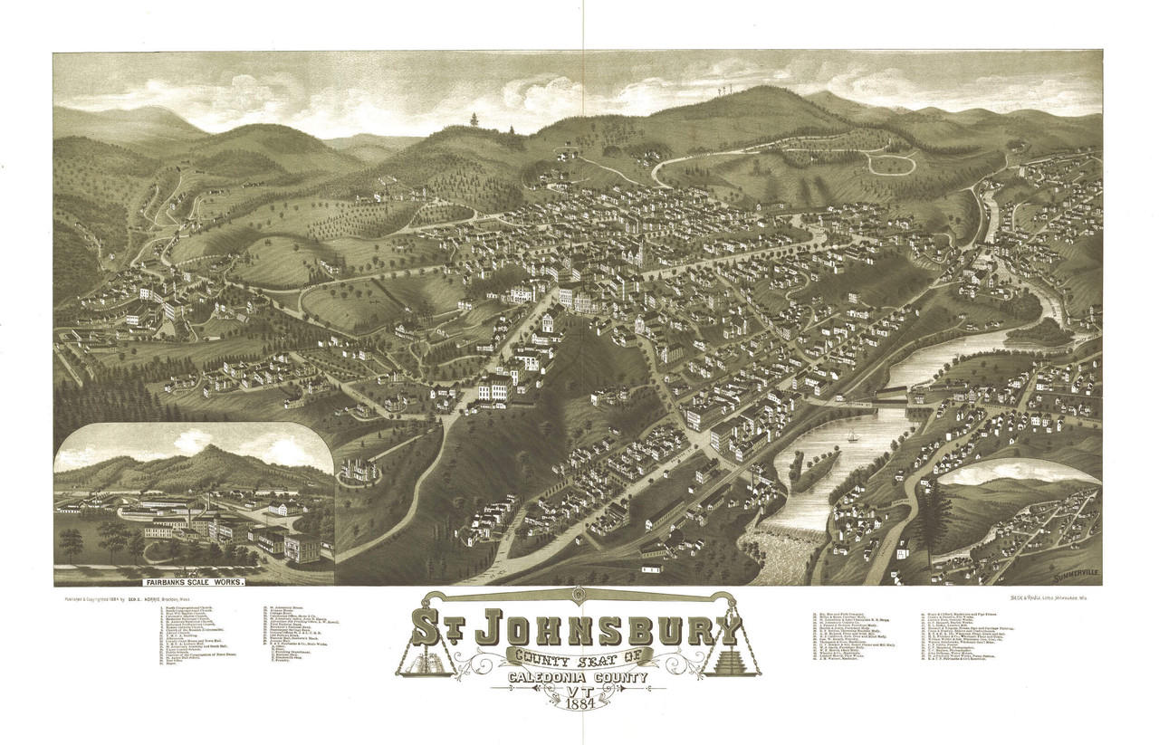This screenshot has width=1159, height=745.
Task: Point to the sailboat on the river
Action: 852,435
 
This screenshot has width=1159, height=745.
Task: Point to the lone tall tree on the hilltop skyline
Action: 473,120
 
